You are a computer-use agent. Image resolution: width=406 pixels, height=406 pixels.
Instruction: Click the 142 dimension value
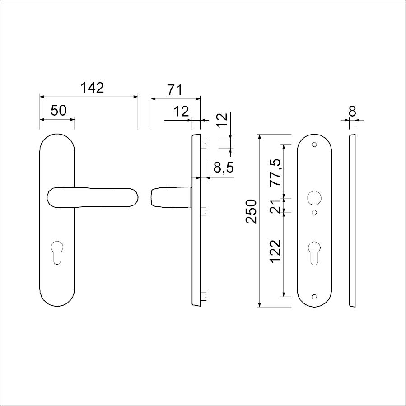(x=92, y=88)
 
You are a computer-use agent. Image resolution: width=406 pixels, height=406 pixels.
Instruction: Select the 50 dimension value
(x=59, y=111)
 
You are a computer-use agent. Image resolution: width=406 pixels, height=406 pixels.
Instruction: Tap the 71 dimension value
(x=175, y=90)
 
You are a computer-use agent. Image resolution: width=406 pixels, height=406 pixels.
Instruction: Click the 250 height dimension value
(x=251, y=211)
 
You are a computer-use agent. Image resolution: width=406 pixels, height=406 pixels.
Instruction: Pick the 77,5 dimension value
(x=275, y=172)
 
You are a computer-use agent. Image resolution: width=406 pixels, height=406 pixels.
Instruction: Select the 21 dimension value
(x=275, y=206)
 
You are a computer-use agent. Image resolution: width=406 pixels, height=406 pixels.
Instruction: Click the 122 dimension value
(x=275, y=251)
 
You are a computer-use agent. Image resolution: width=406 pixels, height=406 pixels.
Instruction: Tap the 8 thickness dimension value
(x=352, y=112)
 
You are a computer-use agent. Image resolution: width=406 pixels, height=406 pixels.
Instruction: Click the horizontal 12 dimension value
(x=181, y=112)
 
